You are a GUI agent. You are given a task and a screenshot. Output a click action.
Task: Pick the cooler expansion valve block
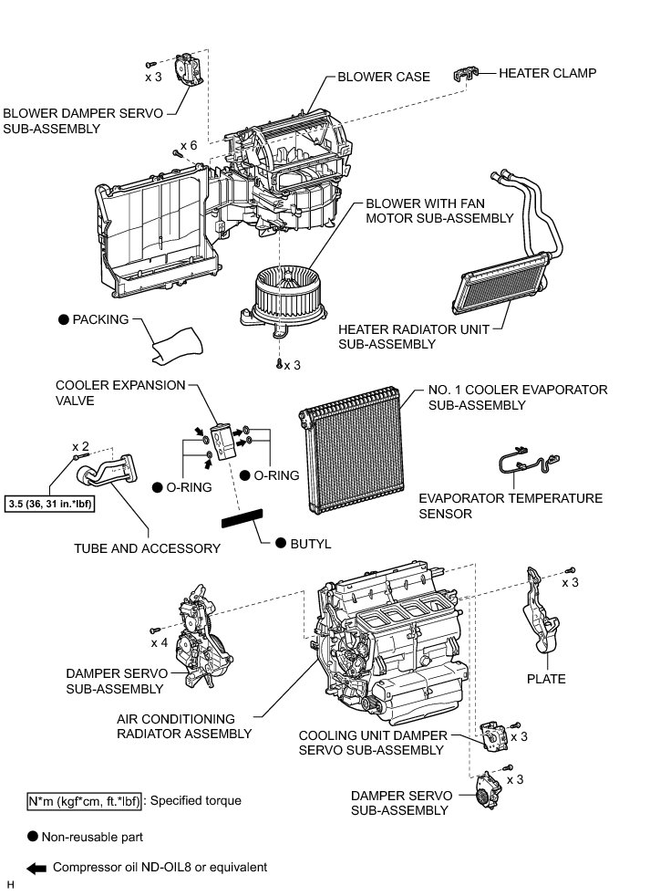(x=223, y=438)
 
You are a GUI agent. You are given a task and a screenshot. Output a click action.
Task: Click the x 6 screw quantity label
(x=189, y=146)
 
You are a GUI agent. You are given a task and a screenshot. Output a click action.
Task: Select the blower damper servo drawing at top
(x=189, y=68)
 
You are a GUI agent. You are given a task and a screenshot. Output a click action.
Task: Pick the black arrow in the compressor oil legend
(x=37, y=868)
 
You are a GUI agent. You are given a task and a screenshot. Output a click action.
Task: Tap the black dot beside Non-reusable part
(x=33, y=836)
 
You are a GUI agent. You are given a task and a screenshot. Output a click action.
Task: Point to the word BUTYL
(x=310, y=544)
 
